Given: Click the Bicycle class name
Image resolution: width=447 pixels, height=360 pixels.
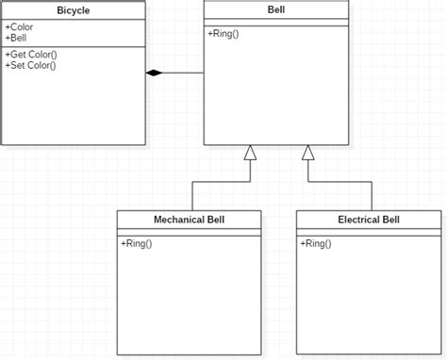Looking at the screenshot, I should (x=73, y=9).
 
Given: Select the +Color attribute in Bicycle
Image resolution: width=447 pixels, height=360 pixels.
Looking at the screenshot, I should (x=20, y=27).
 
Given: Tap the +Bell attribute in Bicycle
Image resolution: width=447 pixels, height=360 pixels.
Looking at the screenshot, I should (x=18, y=39).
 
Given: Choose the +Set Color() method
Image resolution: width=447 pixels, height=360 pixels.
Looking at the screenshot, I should (x=30, y=65).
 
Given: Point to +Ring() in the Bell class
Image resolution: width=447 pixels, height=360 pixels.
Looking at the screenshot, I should (x=223, y=35).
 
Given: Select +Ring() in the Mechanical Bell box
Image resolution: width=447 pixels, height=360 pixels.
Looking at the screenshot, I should (x=137, y=244).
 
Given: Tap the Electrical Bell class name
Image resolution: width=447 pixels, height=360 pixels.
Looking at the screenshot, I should (x=368, y=220).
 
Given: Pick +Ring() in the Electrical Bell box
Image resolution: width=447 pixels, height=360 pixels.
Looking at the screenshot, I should (x=316, y=244).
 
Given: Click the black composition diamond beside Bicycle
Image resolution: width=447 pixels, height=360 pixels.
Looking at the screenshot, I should (x=154, y=73).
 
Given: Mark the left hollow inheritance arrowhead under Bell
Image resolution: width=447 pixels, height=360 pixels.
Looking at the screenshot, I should (x=250, y=154).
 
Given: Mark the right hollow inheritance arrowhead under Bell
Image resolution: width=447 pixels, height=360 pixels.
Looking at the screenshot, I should (x=307, y=154).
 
